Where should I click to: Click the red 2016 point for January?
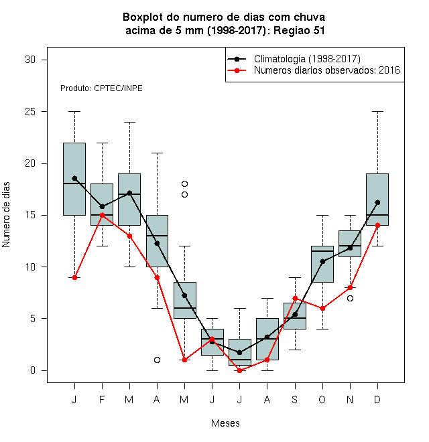pyautogui.click(x=74, y=278)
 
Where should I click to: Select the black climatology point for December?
pyautogui.click(x=377, y=203)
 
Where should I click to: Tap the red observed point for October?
pyautogui.click(x=322, y=308)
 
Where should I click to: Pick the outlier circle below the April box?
pyautogui.click(x=158, y=360)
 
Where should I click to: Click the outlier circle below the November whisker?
pyautogui.click(x=350, y=298)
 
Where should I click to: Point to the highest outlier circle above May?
pyautogui.click(x=184, y=183)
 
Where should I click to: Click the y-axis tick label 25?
pyautogui.click(x=30, y=112)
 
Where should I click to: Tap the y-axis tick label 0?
pyautogui.click(x=33, y=370)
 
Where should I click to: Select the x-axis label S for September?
pyautogui.click(x=295, y=400)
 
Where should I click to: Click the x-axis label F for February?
pyautogui.click(x=102, y=400)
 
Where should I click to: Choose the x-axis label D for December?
pyautogui.click(x=377, y=400)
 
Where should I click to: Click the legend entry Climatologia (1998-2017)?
pyautogui.click(x=307, y=59)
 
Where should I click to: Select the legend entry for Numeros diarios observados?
pyautogui.click(x=327, y=70)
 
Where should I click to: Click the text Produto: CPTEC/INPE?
pyautogui.click(x=101, y=88)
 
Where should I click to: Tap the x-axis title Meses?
pyautogui.click(x=225, y=423)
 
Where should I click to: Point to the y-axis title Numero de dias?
pyautogui.click(x=6, y=215)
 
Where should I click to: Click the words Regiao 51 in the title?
pyautogui.click(x=299, y=30)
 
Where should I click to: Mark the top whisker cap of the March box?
pyautogui.click(x=129, y=123)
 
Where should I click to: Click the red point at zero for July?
pyautogui.click(x=239, y=371)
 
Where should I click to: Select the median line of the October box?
pyautogui.click(x=322, y=251)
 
